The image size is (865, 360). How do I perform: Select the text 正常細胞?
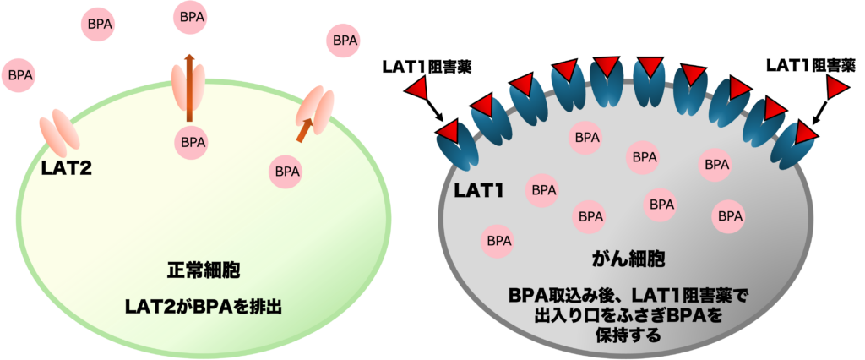click(203, 271)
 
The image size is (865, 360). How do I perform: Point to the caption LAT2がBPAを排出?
click(203, 307)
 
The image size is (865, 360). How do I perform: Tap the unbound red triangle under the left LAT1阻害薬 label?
click(417, 89)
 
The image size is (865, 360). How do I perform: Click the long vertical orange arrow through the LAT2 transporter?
click(188, 87)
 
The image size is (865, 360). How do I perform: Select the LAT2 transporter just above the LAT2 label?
click(60, 132)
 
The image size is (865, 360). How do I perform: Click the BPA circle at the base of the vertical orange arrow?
click(191, 143)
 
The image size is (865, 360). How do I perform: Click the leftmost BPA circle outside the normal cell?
click(19, 75)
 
